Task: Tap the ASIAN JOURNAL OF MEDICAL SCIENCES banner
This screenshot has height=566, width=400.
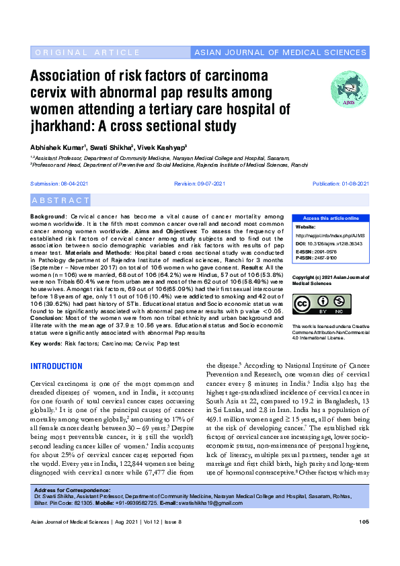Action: click(x=280, y=52)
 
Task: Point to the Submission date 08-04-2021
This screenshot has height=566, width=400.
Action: click(x=59, y=184)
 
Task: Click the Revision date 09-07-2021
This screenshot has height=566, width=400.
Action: click(x=200, y=184)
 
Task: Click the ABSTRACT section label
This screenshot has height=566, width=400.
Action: click(x=61, y=200)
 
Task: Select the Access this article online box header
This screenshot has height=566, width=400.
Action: click(x=330, y=218)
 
